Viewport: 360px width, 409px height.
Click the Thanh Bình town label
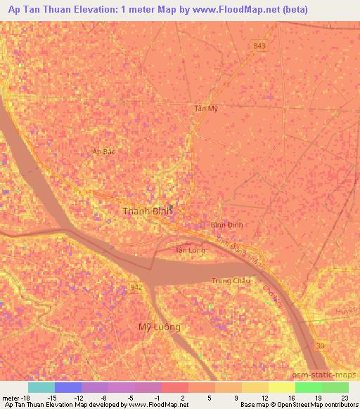point(147,211)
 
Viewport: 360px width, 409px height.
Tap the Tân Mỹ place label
point(207,108)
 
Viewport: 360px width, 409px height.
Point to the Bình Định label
point(226,225)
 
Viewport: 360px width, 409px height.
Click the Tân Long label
point(190,249)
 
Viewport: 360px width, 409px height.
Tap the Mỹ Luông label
point(159,327)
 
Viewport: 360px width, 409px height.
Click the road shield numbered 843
point(259,46)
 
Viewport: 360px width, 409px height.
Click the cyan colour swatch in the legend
point(41,387)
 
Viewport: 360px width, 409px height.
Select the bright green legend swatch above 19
point(308,387)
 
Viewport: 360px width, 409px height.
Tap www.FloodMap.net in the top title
point(225,8)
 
